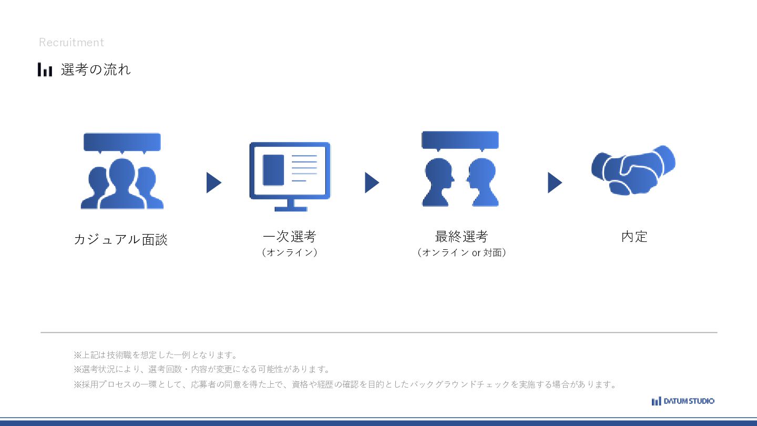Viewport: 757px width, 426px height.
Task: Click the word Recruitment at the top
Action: (71, 43)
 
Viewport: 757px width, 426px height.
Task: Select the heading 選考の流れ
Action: (96, 69)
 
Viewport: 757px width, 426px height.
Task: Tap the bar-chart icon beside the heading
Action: (45, 69)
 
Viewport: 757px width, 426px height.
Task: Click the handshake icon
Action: (633, 170)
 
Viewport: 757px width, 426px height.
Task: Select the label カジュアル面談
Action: (121, 240)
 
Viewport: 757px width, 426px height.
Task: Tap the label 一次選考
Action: (289, 237)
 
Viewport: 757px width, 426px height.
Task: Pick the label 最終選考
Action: (461, 237)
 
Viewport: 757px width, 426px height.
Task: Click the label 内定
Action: (634, 237)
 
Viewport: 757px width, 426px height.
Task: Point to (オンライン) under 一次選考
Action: (289, 252)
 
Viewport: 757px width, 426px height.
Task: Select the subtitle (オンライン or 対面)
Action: (461, 252)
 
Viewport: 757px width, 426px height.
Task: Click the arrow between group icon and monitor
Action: (213, 182)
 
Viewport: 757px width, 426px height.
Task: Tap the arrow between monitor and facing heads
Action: (372, 182)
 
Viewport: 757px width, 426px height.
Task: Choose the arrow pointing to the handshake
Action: (555, 182)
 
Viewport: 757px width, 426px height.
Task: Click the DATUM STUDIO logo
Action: (683, 401)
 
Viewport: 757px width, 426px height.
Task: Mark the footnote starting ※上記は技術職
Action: (156, 355)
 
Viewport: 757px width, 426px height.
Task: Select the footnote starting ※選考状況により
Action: (202, 369)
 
